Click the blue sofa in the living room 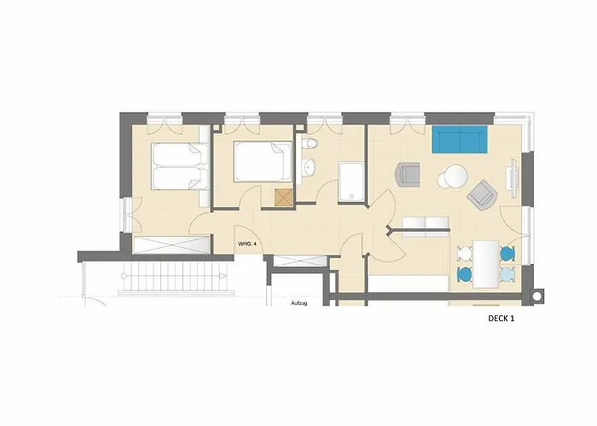[460, 139]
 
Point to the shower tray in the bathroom [351, 181]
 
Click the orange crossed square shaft [284, 198]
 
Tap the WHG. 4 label [247, 244]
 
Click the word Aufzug [298, 303]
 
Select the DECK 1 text [501, 319]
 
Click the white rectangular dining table [486, 263]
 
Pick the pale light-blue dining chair [508, 273]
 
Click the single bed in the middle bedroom [263, 162]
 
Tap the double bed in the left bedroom [180, 165]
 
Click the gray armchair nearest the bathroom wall [408, 174]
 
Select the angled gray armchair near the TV [483, 196]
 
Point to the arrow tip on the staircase [227, 276]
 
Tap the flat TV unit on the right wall [512, 177]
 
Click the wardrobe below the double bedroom [171, 245]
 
